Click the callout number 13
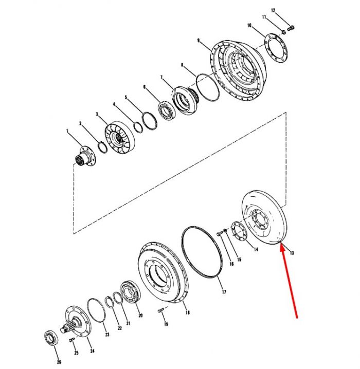(292, 253)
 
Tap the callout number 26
(59, 362)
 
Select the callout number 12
(273, 10)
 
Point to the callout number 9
(199, 41)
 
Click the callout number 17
(224, 292)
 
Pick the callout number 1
(67, 131)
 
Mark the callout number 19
(166, 324)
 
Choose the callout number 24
(92, 351)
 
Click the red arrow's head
(282, 248)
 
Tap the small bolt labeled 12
(292, 28)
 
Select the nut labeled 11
(284, 31)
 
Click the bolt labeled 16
(219, 233)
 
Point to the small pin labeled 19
(160, 310)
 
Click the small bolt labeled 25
(72, 340)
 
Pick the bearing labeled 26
(51, 338)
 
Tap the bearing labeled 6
(167, 110)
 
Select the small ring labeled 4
(138, 127)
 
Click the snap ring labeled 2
(103, 147)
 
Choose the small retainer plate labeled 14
(239, 231)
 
